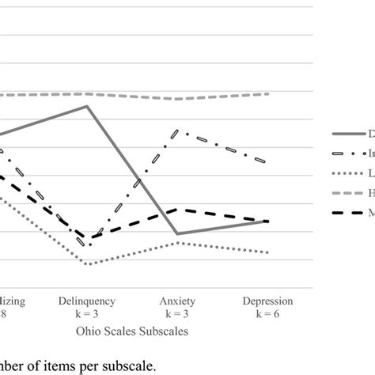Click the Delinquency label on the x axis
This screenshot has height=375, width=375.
click(88, 301)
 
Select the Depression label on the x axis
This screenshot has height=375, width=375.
click(267, 301)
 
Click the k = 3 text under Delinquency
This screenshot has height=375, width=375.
click(88, 314)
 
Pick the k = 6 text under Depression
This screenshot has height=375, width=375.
click(267, 314)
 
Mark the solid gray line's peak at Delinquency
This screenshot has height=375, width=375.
click(88, 106)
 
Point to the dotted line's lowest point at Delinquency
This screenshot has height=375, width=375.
click(86, 263)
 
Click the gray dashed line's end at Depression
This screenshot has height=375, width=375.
click(267, 93)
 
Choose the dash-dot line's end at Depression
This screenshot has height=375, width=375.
click(267, 163)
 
